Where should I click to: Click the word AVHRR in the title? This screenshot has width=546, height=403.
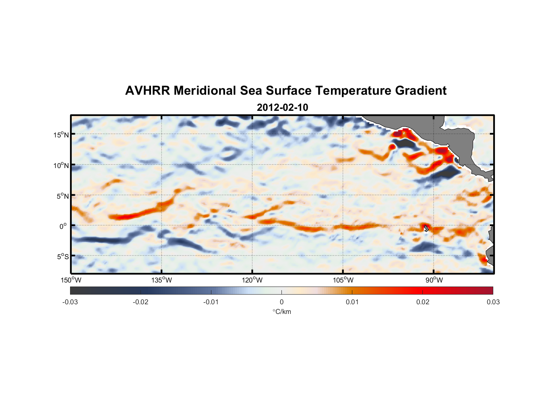point(147,91)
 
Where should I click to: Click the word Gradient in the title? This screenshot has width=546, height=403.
point(420,91)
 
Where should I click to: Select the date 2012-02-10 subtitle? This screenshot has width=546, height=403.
point(282,108)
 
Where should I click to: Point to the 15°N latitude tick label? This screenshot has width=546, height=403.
point(61,135)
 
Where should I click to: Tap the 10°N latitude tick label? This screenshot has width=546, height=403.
point(61,165)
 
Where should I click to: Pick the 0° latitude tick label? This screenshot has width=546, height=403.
point(63,226)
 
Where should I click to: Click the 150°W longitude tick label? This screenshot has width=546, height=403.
point(71,280)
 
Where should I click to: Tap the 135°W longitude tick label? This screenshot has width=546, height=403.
point(162,280)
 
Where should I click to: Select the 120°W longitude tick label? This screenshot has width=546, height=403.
point(252,280)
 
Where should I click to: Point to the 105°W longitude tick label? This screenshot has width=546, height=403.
point(343,280)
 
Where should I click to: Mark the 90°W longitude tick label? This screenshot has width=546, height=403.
point(434,280)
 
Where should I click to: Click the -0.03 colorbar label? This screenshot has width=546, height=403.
point(70,302)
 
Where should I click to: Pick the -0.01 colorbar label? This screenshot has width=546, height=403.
point(211,302)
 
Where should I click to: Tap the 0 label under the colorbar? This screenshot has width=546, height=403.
point(281,302)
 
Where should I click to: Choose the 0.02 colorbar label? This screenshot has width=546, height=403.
point(423,302)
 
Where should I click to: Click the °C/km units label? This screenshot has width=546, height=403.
point(282,312)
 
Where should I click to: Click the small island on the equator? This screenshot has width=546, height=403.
point(426,229)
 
